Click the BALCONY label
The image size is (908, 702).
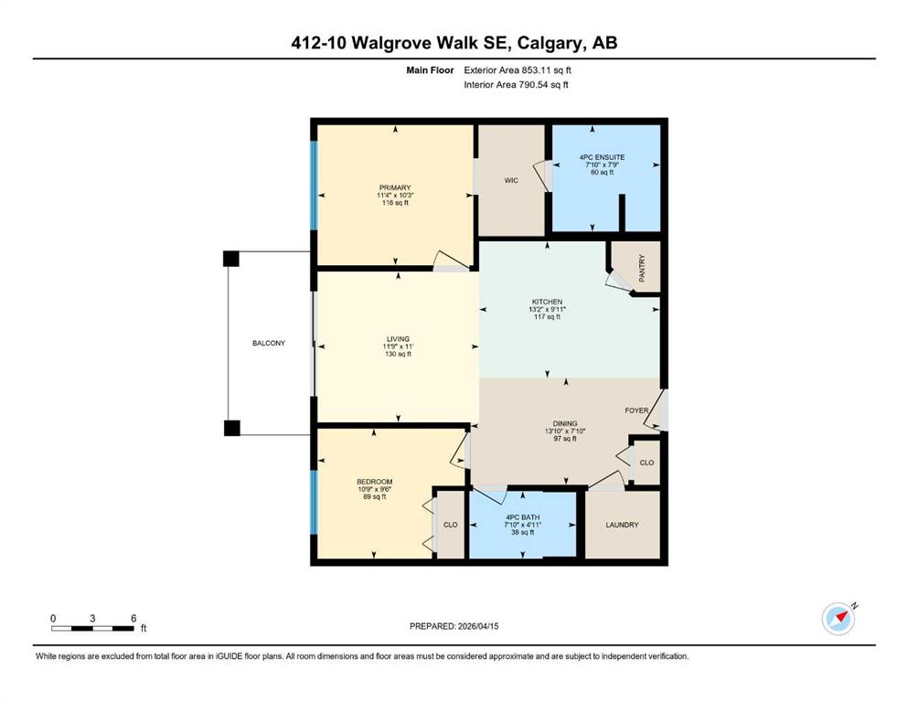tap(269, 343)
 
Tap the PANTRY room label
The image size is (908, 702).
tap(642, 268)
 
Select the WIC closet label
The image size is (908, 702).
tap(511, 181)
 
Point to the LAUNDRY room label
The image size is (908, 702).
tap(622, 525)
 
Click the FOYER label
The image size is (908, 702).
tap(636, 410)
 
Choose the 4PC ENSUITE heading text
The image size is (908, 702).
tap(603, 157)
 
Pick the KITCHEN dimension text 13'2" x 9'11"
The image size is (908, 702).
tap(547, 310)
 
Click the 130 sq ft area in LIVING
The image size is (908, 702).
tap(398, 354)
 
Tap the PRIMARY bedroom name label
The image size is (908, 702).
tap(395, 187)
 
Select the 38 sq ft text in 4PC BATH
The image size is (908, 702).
tap(522, 532)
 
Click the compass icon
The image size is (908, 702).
tap(839, 618)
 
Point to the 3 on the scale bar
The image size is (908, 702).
tap(92, 618)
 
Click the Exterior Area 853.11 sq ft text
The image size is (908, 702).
tap(518, 70)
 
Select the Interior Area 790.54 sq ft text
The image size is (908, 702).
tap(516, 84)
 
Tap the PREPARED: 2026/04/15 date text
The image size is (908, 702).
tap(454, 626)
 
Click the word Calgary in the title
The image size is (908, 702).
tap(550, 43)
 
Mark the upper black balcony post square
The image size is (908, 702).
tap(231, 258)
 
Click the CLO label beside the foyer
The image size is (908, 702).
tap(646, 463)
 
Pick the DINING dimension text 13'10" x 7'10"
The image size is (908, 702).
tap(564, 431)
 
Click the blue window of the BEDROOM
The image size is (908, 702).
tap(314, 502)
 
